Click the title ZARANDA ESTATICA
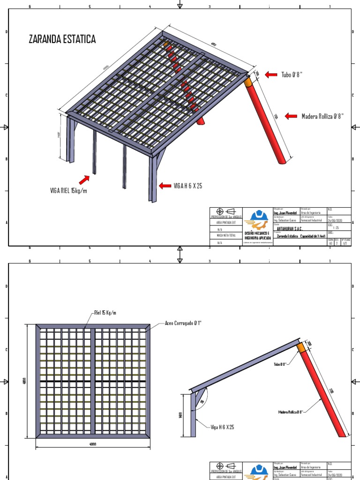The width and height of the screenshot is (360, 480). [62, 39]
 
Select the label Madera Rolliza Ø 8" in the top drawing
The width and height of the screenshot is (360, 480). [322, 116]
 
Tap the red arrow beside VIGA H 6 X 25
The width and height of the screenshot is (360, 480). [165, 186]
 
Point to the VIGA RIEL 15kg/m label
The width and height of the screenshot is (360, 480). [69, 190]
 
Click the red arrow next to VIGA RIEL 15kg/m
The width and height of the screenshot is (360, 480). [84, 179]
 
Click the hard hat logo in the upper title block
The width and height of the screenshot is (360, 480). [257, 218]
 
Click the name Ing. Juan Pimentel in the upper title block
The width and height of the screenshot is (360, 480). [285, 213]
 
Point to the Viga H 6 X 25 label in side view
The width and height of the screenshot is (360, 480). [223, 427]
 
